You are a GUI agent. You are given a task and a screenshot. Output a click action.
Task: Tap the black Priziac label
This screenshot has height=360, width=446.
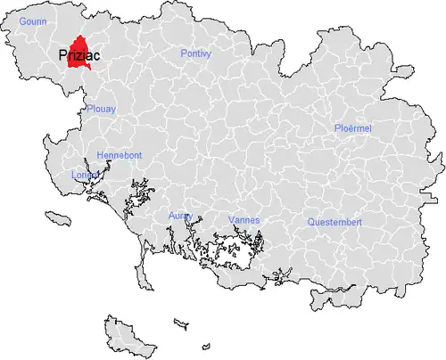tap(78, 54)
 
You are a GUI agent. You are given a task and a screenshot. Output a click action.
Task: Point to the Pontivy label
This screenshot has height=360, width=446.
tap(195, 53)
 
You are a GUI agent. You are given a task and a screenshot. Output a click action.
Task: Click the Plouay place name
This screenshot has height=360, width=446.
tap(101, 109)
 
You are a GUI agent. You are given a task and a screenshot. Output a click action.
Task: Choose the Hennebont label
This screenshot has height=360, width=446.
tap(118, 155)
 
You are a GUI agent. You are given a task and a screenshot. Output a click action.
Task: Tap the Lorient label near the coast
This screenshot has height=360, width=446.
tap(84, 175)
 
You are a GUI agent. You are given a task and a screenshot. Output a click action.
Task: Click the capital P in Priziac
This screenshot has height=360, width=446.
tap(62, 54)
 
